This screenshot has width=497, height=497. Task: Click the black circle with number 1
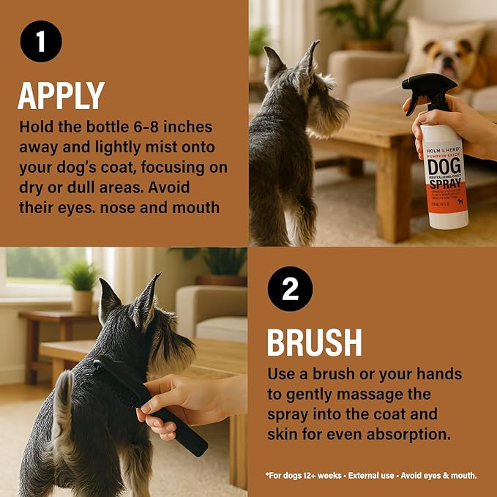(x=41, y=41)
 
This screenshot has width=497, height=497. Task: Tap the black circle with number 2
(x=291, y=289)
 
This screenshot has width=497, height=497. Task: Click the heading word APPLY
(x=61, y=95)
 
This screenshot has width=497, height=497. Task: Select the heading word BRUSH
(x=314, y=342)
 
